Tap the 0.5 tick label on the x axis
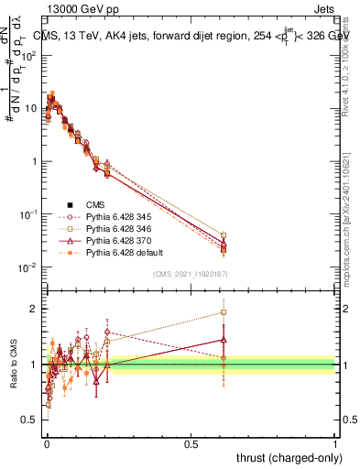191,443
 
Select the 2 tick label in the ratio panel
32,309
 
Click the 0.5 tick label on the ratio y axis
27,420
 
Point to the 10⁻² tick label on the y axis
27,267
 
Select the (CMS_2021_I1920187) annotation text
190,274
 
